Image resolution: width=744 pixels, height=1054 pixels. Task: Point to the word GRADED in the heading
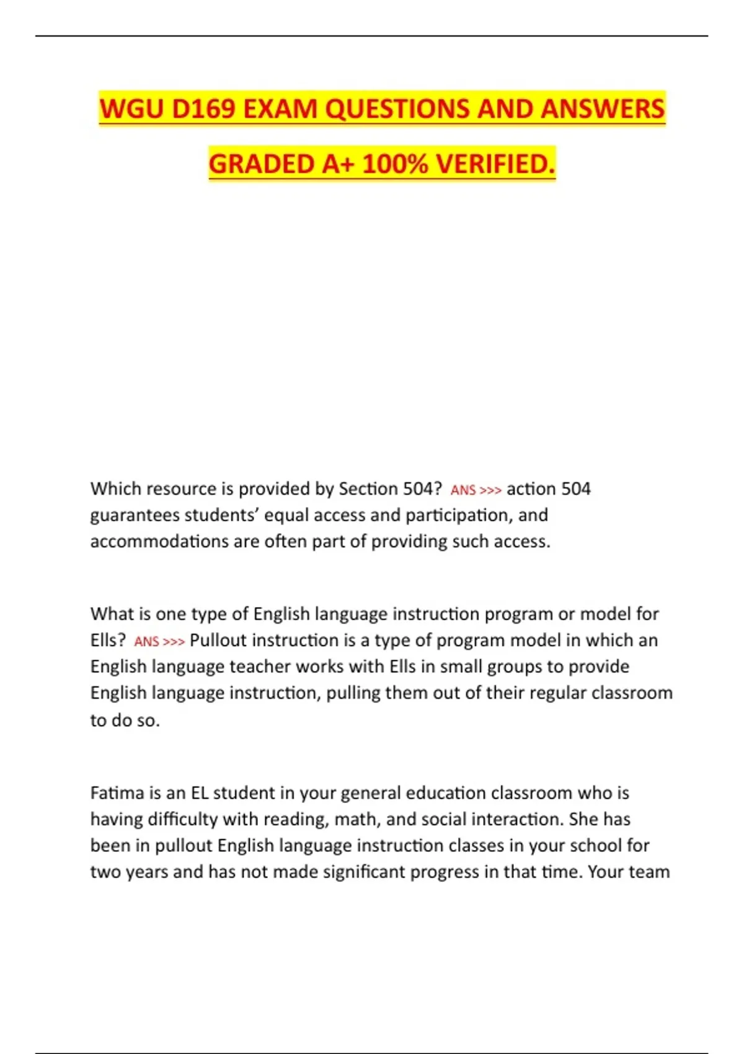coord(261,164)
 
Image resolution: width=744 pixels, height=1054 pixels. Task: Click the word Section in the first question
coord(368,489)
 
